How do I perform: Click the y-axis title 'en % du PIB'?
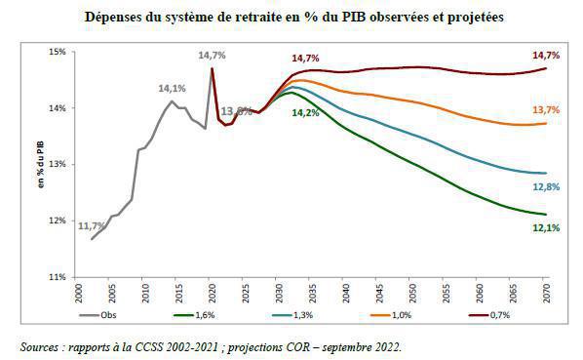pyautogui.click(x=39, y=163)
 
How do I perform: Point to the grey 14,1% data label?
pyautogui.click(x=173, y=89)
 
